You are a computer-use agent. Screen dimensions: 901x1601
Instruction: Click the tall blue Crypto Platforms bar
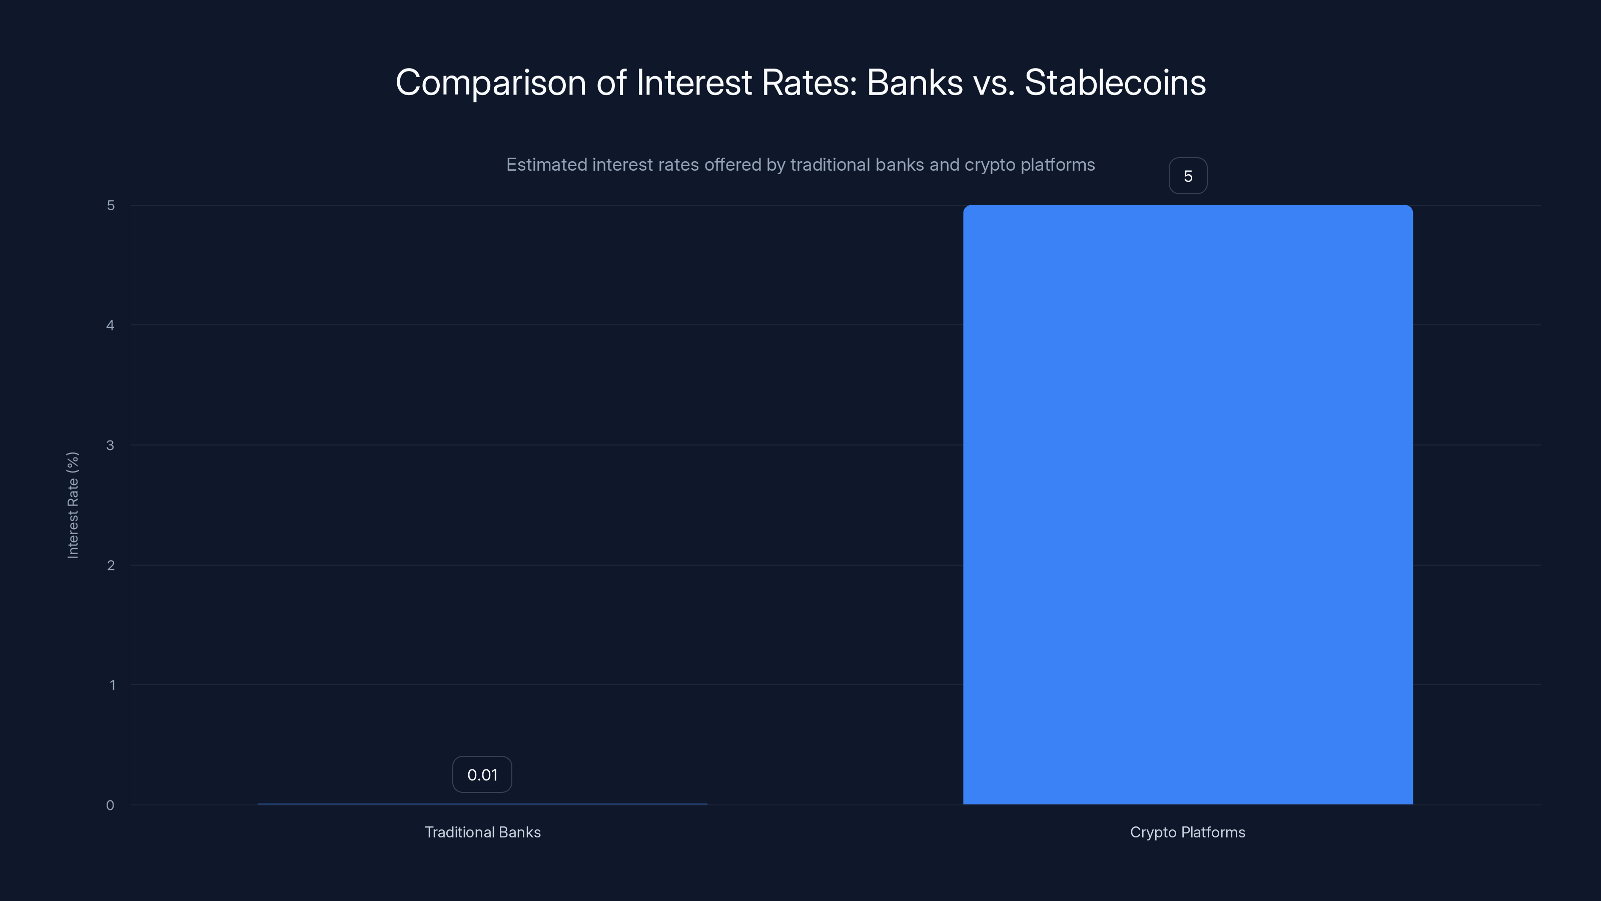(x=1188, y=504)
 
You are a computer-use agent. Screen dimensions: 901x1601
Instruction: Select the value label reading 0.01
(x=482, y=775)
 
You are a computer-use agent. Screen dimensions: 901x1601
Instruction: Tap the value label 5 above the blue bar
(x=1188, y=176)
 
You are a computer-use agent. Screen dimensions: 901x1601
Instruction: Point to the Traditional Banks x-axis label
(x=482, y=832)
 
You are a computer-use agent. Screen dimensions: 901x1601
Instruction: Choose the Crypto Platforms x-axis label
(x=1187, y=832)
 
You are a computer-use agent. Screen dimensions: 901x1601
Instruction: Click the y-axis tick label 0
(x=110, y=805)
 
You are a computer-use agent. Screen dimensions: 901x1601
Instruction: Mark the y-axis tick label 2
(x=111, y=565)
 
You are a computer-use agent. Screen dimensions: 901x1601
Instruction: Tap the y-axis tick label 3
(x=111, y=445)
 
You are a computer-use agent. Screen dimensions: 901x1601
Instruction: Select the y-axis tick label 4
(x=111, y=325)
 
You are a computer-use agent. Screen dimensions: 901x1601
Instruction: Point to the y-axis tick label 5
(x=111, y=205)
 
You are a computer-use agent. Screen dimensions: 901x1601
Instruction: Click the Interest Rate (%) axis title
(x=73, y=505)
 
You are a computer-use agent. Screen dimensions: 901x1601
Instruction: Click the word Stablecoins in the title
(x=1115, y=83)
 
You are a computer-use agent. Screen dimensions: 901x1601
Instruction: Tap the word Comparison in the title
(x=490, y=83)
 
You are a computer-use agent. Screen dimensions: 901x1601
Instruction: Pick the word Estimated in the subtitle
(x=546, y=165)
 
